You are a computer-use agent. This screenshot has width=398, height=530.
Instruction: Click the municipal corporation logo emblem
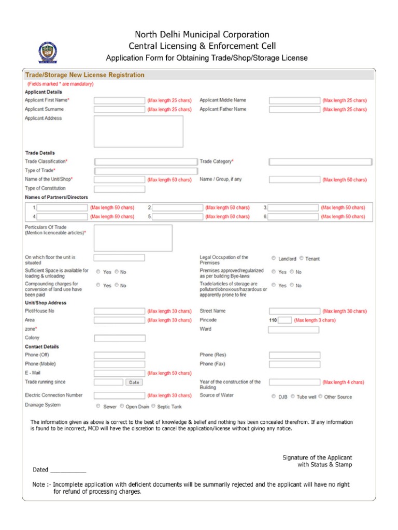coord(48,53)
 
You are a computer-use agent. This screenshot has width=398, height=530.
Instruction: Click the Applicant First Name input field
coord(119,100)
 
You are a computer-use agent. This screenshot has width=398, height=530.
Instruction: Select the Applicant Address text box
coord(138,131)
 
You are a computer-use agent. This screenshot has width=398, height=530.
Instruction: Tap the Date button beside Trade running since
coord(134,382)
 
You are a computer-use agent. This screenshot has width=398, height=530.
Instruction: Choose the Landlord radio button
coord(274,258)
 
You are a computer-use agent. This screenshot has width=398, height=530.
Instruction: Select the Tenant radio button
coord(301,258)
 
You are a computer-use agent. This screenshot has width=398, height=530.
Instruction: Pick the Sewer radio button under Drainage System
coord(98,406)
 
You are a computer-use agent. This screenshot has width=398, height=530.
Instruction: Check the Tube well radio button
coord(293,396)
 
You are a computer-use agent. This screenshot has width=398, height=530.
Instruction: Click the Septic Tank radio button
coord(153,406)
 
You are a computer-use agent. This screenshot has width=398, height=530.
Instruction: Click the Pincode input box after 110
coord(285,320)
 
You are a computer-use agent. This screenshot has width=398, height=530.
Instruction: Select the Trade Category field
coord(320,162)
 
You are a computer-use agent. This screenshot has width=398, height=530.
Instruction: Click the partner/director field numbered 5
coord(178,217)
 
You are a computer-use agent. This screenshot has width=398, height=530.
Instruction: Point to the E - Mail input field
coord(119,373)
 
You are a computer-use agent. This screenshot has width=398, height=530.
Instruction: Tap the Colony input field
coord(119,338)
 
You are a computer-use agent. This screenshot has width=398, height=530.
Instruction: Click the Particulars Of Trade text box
coord(133,238)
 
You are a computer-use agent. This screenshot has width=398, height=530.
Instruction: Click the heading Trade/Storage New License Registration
coord(85,75)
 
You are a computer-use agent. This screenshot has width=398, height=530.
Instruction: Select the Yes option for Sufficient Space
coord(98,271)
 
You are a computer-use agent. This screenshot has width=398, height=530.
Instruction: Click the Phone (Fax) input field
coord(294,364)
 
